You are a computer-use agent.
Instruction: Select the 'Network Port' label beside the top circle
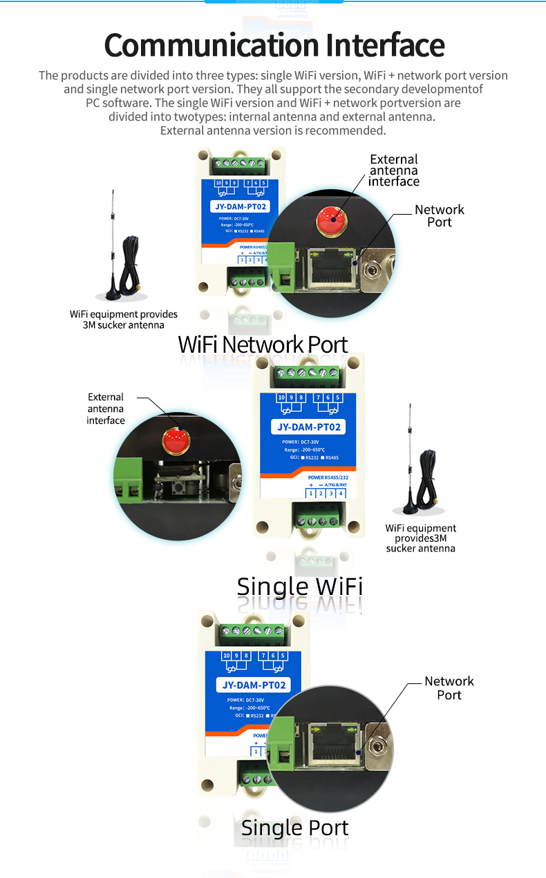pyautogui.click(x=440, y=216)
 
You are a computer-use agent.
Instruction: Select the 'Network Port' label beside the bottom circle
pyautogui.click(x=449, y=688)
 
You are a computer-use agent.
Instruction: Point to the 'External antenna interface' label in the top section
pyautogui.click(x=394, y=170)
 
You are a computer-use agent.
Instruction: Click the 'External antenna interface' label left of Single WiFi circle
pyautogui.click(x=106, y=409)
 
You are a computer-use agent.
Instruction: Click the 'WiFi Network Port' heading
pyautogui.click(x=263, y=344)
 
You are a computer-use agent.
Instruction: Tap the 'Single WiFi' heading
pyautogui.click(x=299, y=587)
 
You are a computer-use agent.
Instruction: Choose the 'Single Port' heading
pyautogui.click(x=295, y=828)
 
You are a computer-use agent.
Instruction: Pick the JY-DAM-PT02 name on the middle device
pyautogui.click(x=309, y=427)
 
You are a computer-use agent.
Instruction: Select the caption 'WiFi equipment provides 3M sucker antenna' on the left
pyautogui.click(x=124, y=319)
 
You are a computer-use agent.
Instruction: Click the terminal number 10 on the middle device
pyautogui.click(x=281, y=398)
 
